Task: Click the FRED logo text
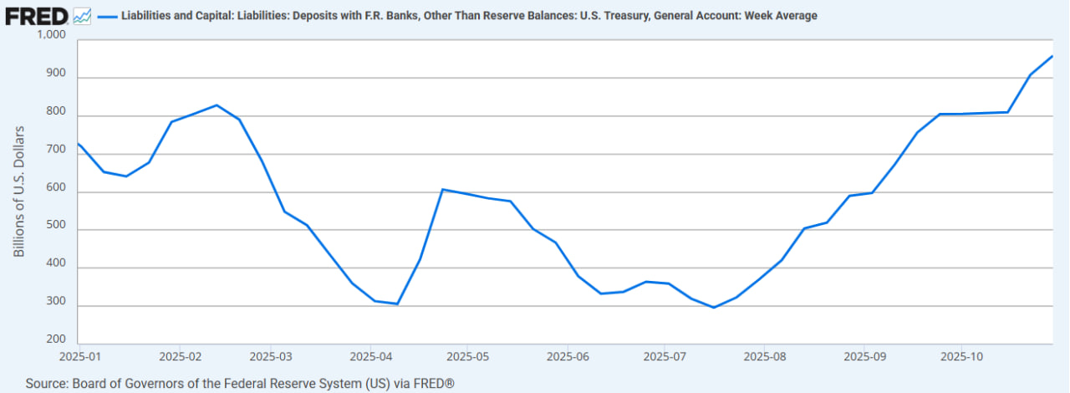[36, 15]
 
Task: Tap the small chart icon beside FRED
[82, 15]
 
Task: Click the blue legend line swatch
[106, 16]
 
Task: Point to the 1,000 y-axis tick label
[52, 35]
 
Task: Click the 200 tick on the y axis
[56, 339]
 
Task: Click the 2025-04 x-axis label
[371, 357]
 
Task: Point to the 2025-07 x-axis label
[664, 357]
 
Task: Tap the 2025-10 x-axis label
[961, 357]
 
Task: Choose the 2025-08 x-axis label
[763, 357]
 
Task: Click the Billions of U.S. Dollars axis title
[19, 191]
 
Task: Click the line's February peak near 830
[217, 105]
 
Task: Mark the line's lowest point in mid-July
[714, 308]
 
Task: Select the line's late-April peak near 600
[443, 190]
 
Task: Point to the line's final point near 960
[1052, 56]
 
